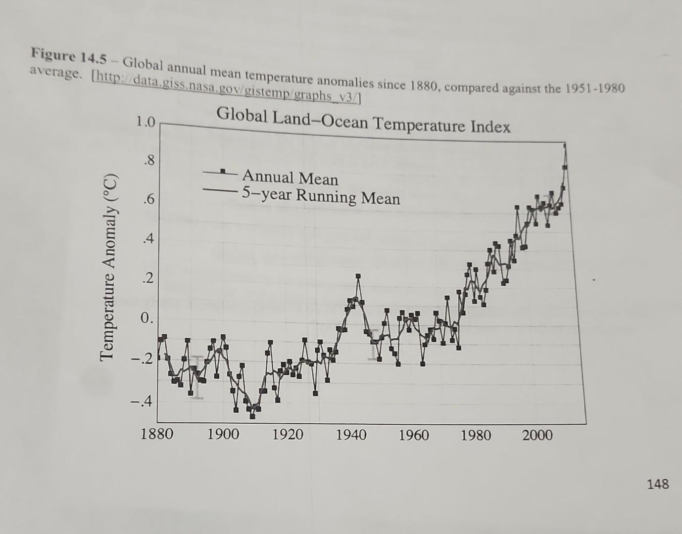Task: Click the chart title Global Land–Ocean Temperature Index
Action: pos(363,121)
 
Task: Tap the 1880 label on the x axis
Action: pos(157,434)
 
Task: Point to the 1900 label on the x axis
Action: pos(223,434)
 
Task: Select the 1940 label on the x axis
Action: pos(351,435)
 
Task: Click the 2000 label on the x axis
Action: pos(537,435)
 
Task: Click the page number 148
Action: pos(657,484)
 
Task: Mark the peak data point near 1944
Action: pos(358,276)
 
